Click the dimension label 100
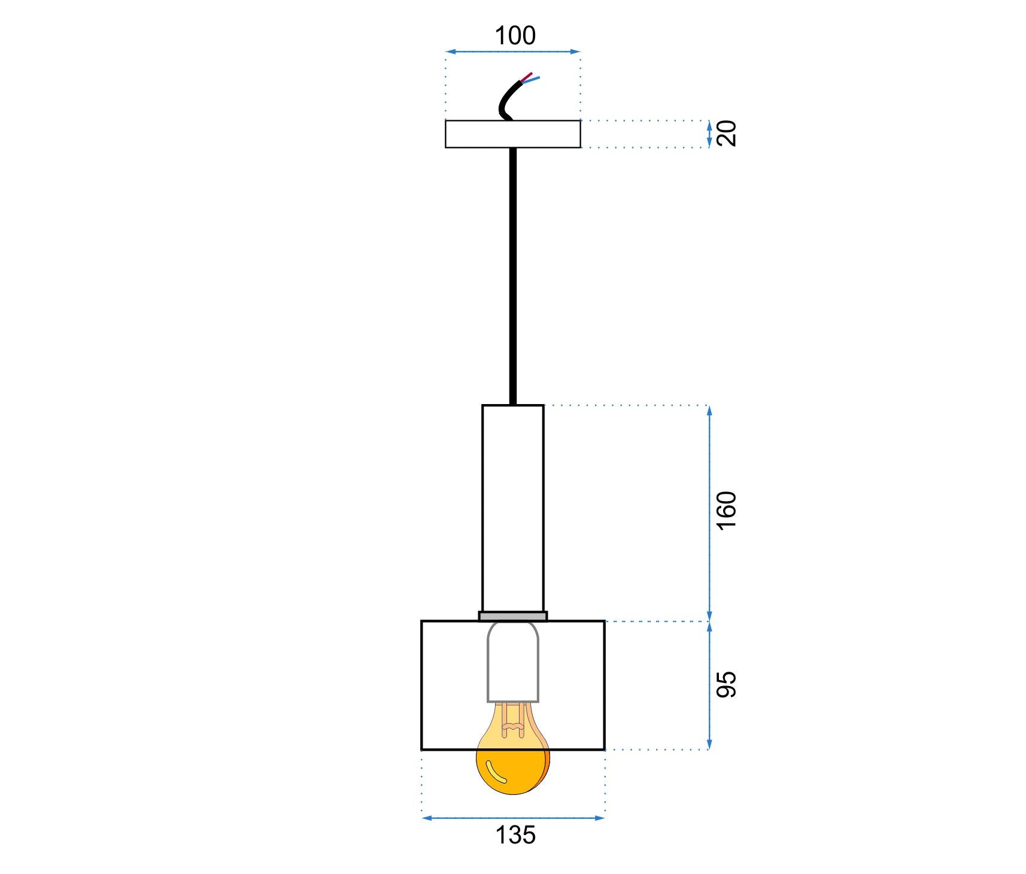[515, 36]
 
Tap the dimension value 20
[727, 133]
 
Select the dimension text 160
[727, 509]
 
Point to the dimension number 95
[727, 684]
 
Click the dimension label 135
[515, 834]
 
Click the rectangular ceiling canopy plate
[512, 134]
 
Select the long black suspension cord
[512, 275]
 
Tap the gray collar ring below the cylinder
[512, 616]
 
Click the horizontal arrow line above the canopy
[512, 52]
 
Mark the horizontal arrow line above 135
[512, 818]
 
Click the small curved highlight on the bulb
[496, 772]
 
